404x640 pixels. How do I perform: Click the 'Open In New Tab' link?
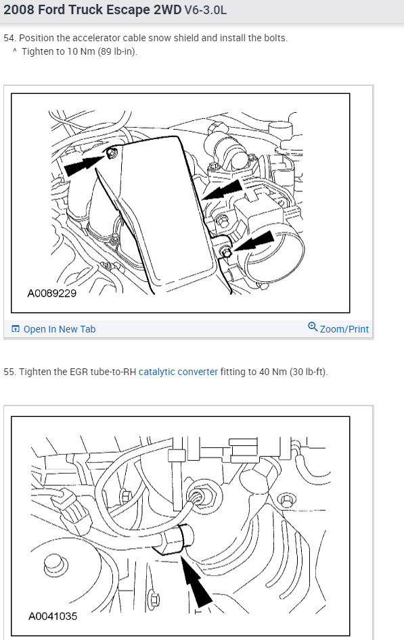click(x=60, y=329)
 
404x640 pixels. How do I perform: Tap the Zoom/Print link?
click(x=344, y=329)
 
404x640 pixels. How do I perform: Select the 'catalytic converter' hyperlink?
click(x=178, y=372)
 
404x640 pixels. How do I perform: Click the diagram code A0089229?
click(x=52, y=293)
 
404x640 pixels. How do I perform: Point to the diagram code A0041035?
click(x=53, y=616)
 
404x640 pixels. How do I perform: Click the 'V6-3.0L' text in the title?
click(x=205, y=10)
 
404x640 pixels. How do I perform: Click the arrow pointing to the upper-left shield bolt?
click(x=83, y=165)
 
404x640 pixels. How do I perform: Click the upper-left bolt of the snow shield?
click(x=111, y=154)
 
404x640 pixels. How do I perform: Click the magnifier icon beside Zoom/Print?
click(x=313, y=327)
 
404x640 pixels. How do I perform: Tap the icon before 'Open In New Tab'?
click(x=16, y=329)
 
